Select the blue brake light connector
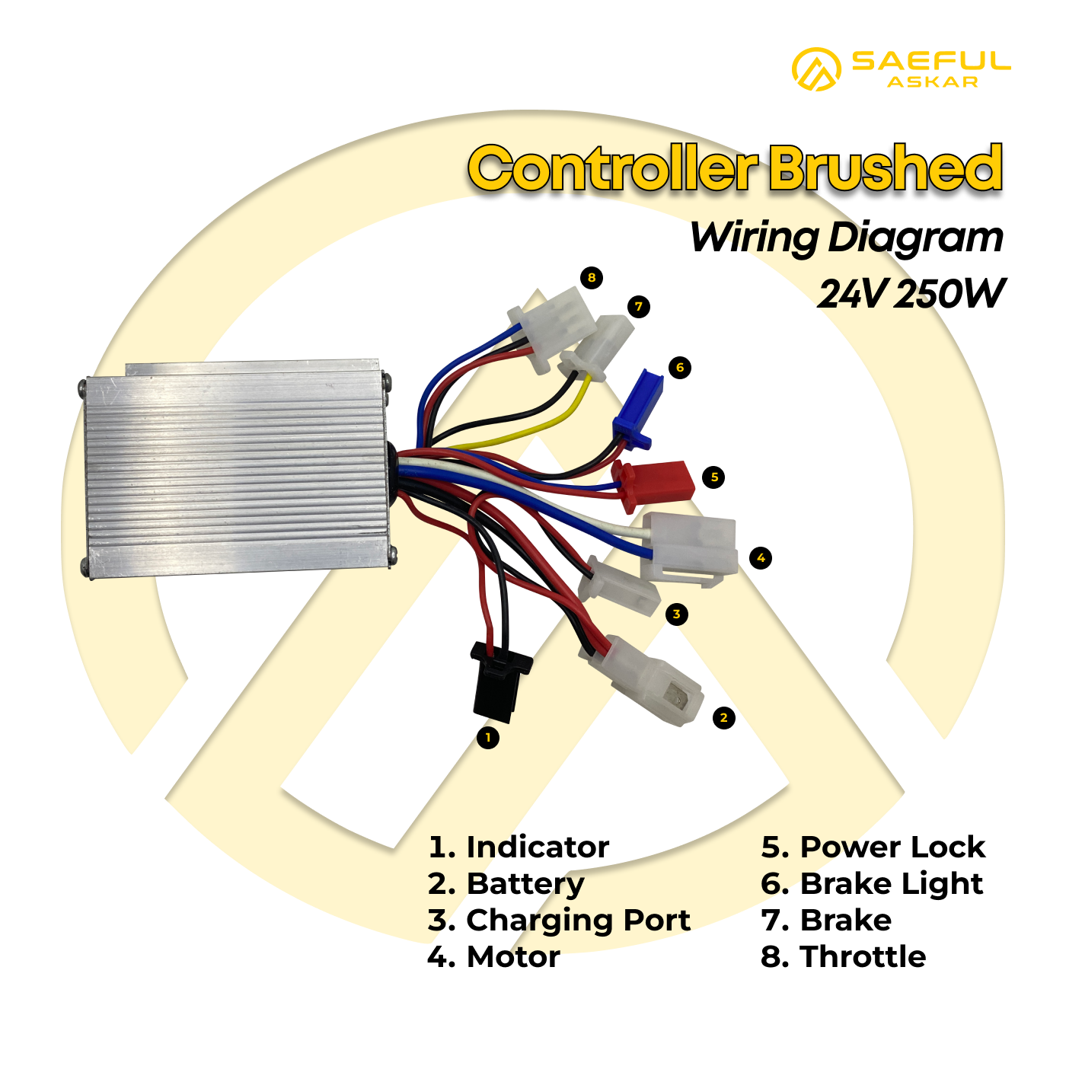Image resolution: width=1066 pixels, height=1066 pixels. click(638, 407)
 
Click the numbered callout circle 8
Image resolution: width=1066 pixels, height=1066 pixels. click(592, 277)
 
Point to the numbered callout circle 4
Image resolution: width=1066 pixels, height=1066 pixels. click(761, 557)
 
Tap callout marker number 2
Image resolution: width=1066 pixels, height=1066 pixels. click(723, 718)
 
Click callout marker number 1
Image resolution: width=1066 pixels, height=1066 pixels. click(488, 737)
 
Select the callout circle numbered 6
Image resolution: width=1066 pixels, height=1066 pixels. click(680, 367)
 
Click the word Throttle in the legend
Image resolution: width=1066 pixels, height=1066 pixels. click(863, 956)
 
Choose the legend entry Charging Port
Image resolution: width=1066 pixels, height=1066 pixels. click(559, 921)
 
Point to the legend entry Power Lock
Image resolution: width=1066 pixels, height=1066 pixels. click(873, 847)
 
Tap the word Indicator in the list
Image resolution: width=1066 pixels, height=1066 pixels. click(538, 847)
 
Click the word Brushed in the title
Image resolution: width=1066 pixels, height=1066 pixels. click(886, 168)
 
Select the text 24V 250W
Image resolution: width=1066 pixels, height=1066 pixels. click(911, 293)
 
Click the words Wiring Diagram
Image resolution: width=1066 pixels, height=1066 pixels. click(847, 238)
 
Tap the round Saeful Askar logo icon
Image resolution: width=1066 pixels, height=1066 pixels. click(816, 69)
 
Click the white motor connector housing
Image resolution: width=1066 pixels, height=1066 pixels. click(689, 549)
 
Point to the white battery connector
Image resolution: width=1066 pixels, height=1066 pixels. click(642, 680)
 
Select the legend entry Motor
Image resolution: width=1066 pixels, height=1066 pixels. click(494, 956)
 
